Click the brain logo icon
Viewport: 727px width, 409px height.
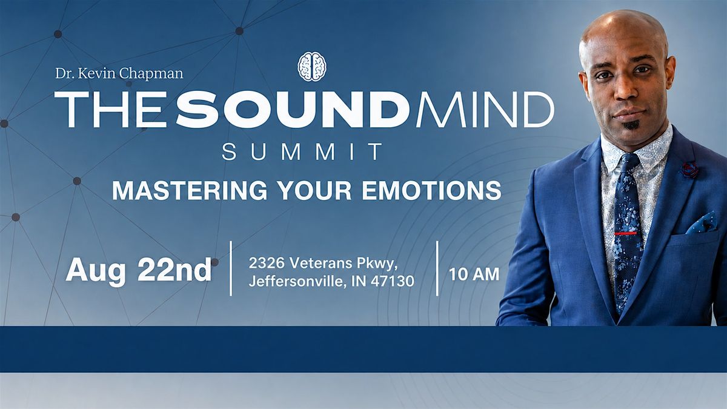coord(312,67)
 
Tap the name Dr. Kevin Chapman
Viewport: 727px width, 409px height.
coord(119,74)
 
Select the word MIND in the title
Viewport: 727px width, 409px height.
coord(485,110)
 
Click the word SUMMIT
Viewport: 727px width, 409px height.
coord(302,151)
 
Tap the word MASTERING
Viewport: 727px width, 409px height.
coord(190,190)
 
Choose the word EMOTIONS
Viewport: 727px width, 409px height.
coord(431,190)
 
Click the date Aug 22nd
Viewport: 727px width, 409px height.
coord(139,270)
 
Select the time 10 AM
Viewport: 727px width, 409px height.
coord(474,274)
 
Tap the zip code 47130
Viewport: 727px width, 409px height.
coord(393,281)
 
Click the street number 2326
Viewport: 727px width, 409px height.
coord(267,263)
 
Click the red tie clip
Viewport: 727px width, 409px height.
coord(625,233)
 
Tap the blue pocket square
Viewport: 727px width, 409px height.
coord(702,224)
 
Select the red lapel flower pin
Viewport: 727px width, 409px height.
coord(689,170)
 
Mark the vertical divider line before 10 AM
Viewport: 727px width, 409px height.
coord(437,268)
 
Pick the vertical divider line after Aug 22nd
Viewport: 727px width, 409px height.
coord(231,268)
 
